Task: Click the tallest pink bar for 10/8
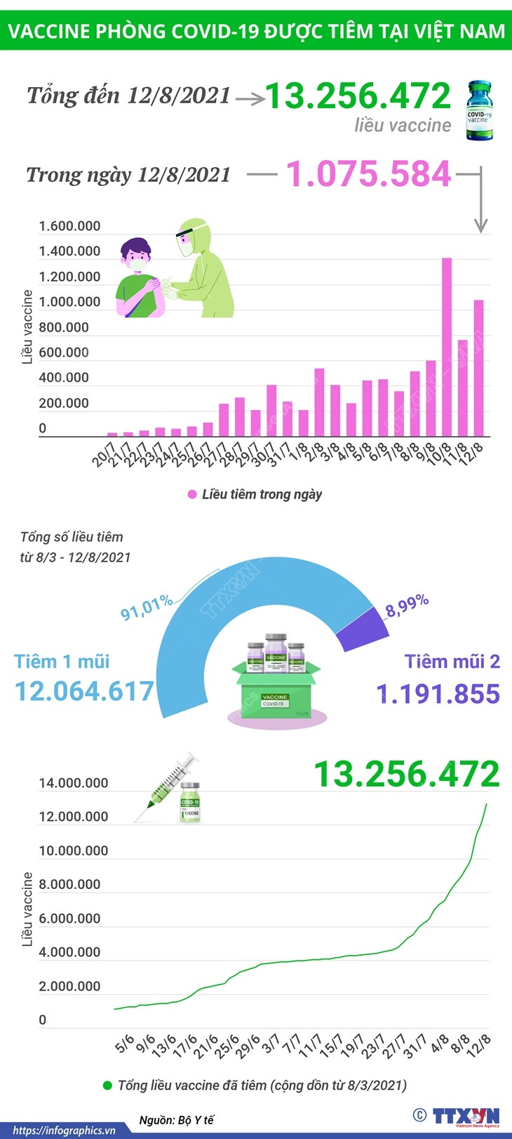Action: (447, 348)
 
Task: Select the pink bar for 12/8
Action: (478, 368)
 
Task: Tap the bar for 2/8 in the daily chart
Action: (319, 402)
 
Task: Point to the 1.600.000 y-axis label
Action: (69, 226)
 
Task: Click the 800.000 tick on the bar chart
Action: (64, 327)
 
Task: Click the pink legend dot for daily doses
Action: (192, 494)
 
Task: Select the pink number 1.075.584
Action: (368, 174)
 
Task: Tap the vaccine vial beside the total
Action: (480, 110)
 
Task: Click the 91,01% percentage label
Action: (146, 607)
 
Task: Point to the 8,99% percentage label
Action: (407, 605)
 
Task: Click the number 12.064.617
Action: (84, 691)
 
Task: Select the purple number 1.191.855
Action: (438, 694)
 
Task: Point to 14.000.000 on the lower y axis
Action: (74, 783)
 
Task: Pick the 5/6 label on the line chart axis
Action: (125, 1044)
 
